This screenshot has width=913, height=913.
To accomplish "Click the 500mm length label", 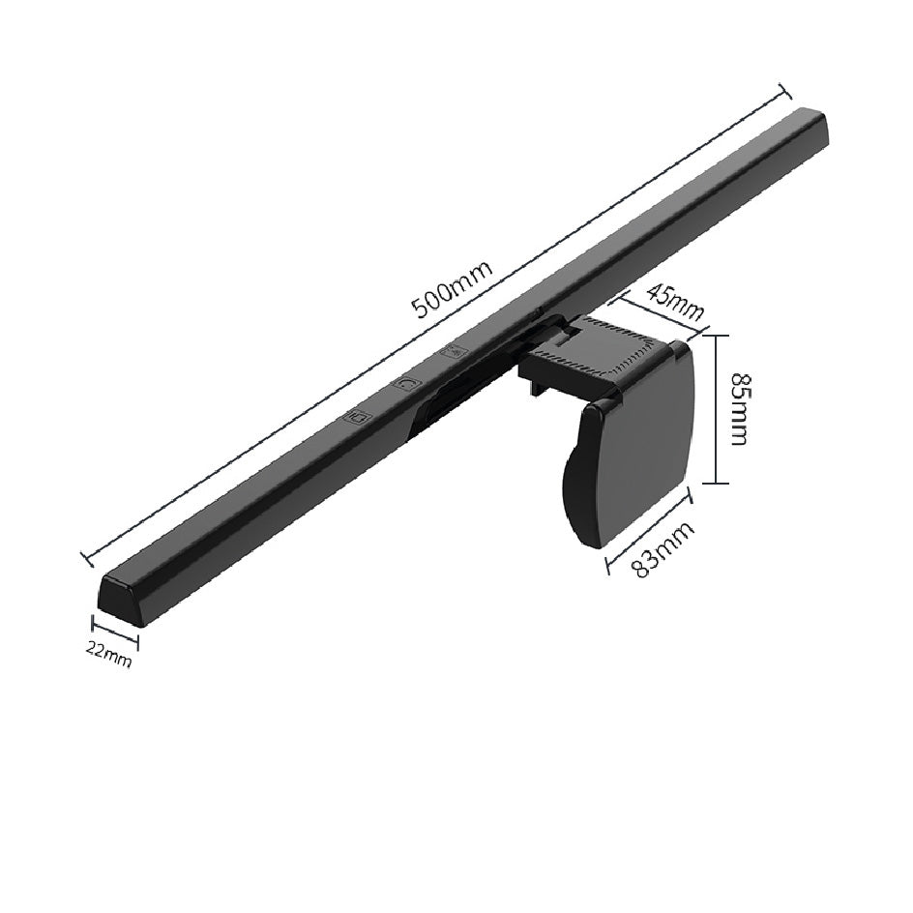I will pyautogui.click(x=452, y=289).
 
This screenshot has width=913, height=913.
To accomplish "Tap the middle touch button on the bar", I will pyautogui.click(x=407, y=384).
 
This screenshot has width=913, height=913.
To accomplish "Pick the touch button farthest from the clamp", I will pyautogui.click(x=359, y=418).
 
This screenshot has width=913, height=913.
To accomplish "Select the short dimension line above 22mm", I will pyautogui.click(x=115, y=632).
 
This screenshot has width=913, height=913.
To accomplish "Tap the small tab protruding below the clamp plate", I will pyautogui.click(x=535, y=390).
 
